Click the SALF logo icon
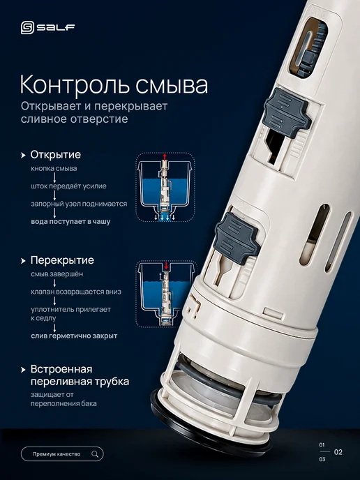27,28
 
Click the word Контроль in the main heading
76,85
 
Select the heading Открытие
55,155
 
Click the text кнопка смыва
54,168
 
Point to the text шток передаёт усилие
68,186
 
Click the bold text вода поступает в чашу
70,221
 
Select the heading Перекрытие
62,260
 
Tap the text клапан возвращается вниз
76,292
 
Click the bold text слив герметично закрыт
74,336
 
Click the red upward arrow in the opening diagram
165,157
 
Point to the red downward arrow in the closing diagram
166,265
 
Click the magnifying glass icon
95,454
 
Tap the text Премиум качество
57,454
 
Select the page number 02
338,452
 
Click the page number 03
322,459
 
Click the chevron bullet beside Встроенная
23,370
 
